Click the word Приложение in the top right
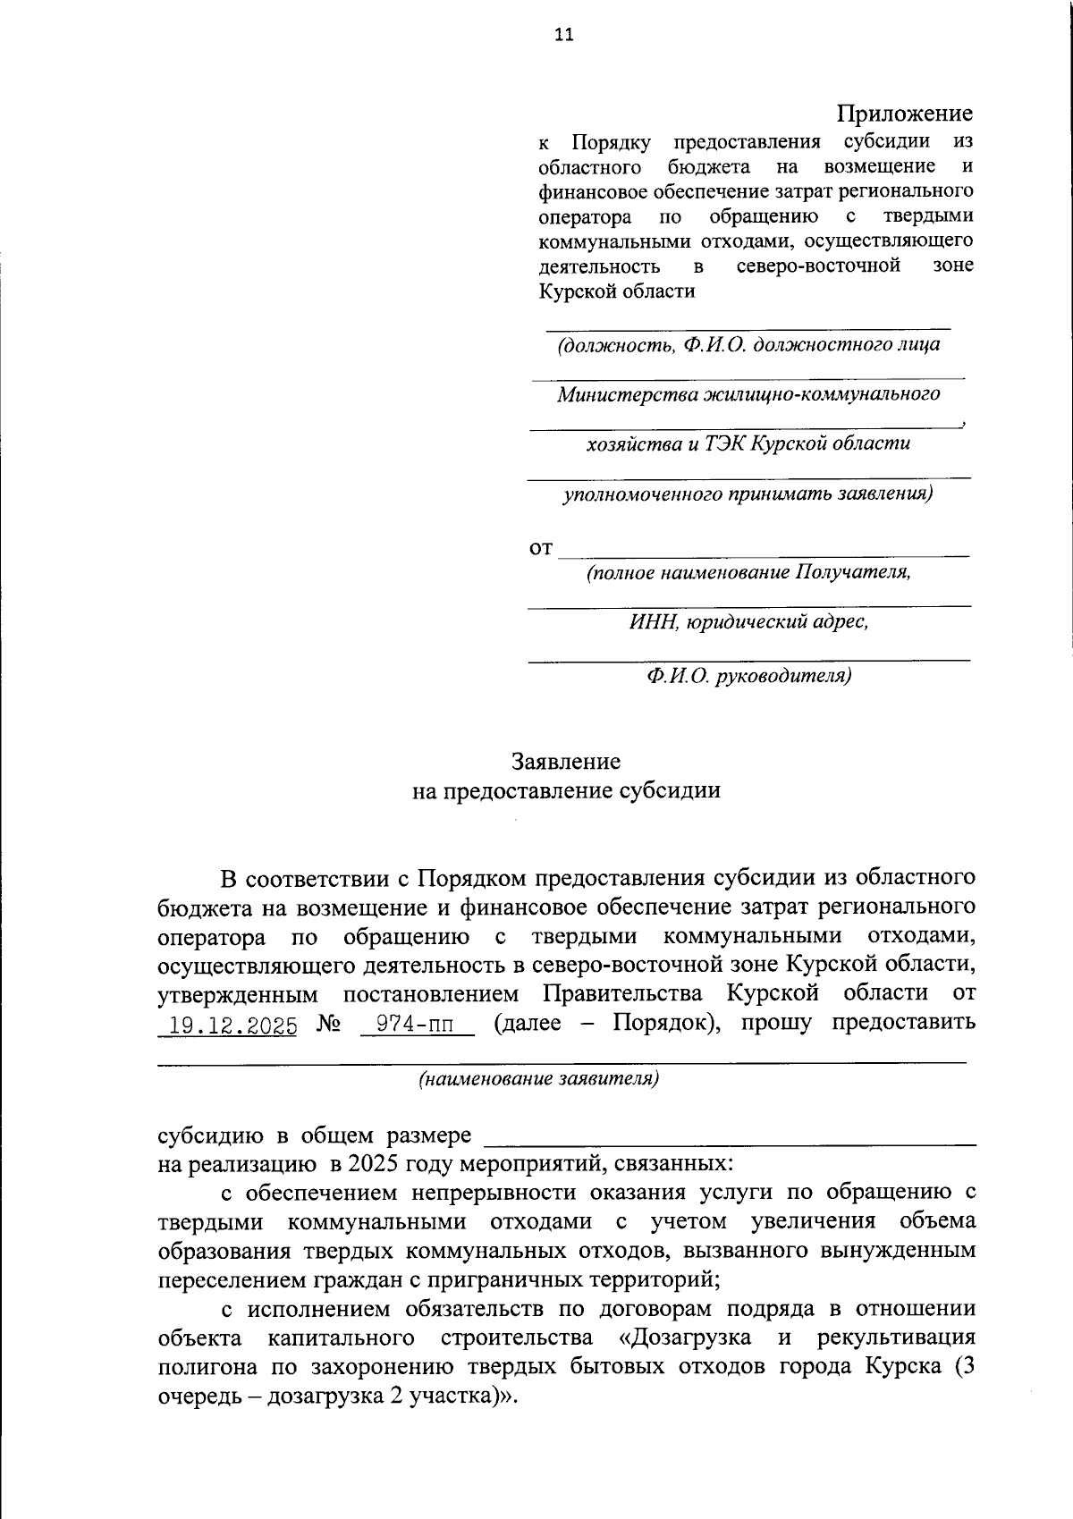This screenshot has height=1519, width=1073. point(904,114)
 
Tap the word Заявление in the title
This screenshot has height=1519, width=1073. point(565,762)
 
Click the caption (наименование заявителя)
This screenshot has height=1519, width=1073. point(539,1079)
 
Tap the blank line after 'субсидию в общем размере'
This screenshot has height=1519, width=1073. point(729,1137)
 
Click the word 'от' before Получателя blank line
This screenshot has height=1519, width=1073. point(541,548)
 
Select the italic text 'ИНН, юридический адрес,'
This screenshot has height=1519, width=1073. point(748,621)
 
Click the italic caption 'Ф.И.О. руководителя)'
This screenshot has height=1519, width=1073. point(748,676)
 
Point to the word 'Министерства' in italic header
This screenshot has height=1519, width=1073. point(629,394)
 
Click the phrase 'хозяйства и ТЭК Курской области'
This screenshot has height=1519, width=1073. point(748,443)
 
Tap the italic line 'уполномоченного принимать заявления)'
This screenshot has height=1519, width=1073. point(748,494)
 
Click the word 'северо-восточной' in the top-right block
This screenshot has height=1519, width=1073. point(818,266)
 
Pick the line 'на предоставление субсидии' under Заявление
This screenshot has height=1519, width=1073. point(565,790)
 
